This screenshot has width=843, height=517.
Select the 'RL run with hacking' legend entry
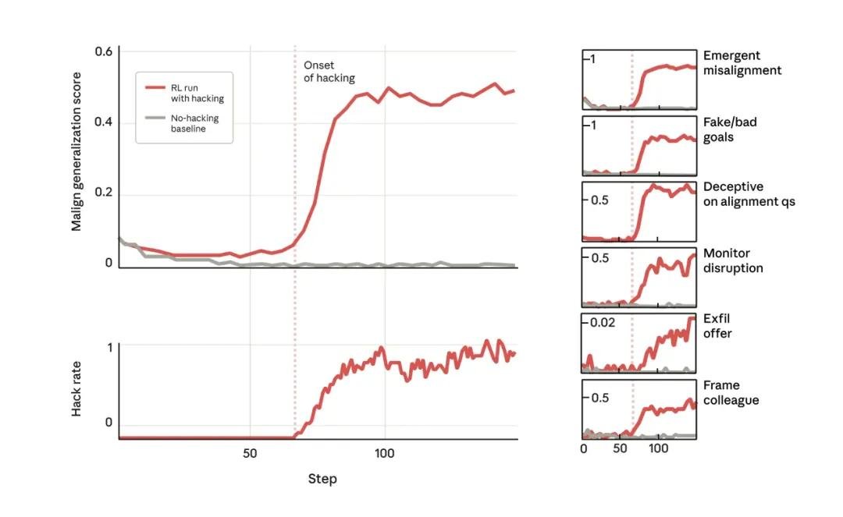click(198, 93)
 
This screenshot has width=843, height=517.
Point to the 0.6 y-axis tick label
click(105, 51)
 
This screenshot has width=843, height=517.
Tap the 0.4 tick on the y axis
click(105, 122)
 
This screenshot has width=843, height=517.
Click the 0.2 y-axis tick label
click(105, 193)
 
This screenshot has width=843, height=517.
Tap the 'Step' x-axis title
click(322, 479)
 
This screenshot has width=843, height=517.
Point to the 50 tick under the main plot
click(250, 452)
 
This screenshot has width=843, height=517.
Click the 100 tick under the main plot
click(384, 452)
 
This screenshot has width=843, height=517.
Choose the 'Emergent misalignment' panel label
click(742, 63)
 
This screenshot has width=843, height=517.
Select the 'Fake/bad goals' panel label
click(730, 129)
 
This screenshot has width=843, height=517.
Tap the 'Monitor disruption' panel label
click(733, 260)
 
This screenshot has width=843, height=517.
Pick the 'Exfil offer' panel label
click(717, 326)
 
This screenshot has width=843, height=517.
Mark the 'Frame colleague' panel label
click(731, 392)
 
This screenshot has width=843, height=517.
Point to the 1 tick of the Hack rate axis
click(109, 348)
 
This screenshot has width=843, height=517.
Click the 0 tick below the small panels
click(584, 449)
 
